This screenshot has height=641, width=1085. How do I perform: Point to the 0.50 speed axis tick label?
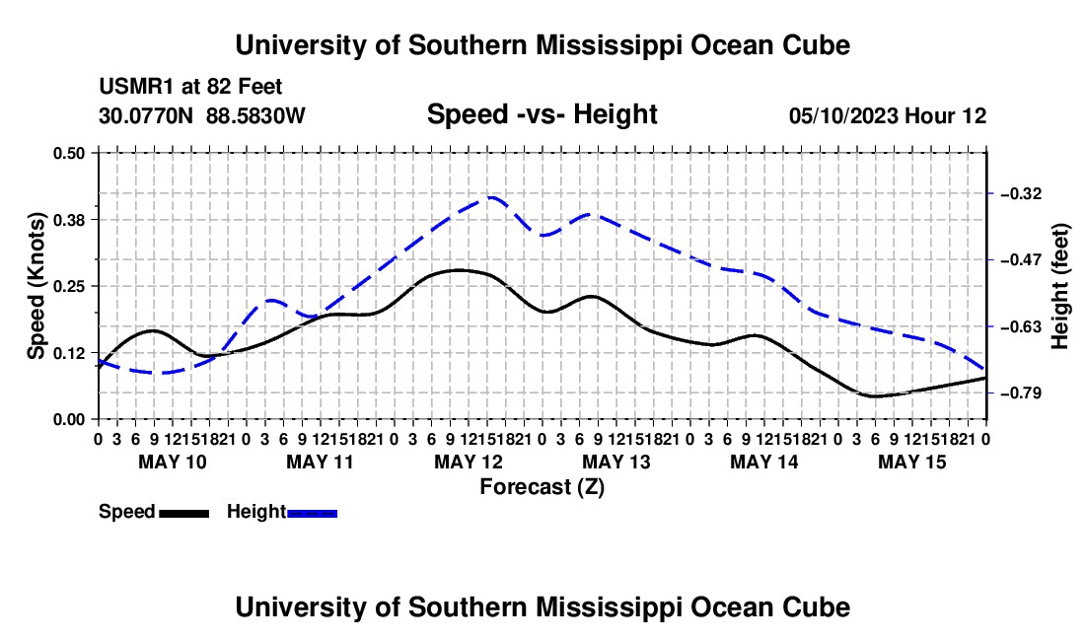(68, 153)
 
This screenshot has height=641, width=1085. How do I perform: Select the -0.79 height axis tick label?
(1021, 393)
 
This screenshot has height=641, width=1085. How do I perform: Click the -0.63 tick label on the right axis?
(1021, 326)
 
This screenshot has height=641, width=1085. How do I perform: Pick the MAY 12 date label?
(469, 462)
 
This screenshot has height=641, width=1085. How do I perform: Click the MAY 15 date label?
(912, 462)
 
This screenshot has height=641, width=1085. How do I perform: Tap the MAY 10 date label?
(173, 462)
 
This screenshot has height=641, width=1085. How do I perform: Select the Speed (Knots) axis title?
(36, 286)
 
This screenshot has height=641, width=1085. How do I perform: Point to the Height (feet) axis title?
(1060, 286)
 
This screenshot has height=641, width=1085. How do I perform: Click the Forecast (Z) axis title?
(542, 487)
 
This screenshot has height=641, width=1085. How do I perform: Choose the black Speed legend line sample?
(184, 513)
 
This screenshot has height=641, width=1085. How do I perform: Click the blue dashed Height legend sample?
(312, 513)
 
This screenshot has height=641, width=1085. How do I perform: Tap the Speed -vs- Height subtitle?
(542, 114)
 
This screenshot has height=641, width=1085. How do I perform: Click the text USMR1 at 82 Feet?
(190, 87)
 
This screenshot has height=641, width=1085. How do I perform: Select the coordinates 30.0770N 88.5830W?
(201, 115)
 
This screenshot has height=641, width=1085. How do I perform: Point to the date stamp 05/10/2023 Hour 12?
(888, 115)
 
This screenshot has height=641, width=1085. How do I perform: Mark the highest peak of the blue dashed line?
(491, 197)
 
